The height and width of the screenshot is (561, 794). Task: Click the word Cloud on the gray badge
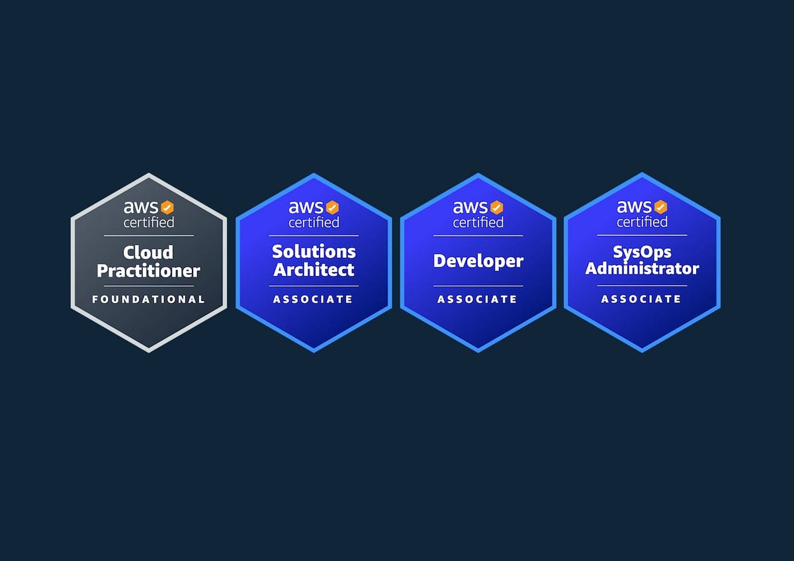148,252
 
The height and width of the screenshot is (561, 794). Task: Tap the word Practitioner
148,271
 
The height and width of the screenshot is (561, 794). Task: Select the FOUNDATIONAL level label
148,300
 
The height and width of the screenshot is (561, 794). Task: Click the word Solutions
314,251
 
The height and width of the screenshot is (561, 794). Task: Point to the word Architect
314,270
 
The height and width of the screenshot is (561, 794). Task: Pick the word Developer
478,261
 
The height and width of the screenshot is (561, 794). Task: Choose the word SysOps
642,251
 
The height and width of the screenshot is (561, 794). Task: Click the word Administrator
642,269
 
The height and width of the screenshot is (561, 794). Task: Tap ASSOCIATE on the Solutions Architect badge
314,300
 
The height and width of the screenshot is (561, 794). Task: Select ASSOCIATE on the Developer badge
478,300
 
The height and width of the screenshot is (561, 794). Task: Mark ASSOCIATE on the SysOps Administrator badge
642,300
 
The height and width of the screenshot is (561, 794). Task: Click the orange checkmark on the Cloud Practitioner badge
167,207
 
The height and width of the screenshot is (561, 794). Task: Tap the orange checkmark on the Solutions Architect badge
332,207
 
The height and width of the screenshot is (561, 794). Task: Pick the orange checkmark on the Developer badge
497,207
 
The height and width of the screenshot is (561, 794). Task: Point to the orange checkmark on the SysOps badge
661,207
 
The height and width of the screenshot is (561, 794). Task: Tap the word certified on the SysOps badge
642,222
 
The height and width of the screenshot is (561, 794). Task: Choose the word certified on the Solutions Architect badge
314,222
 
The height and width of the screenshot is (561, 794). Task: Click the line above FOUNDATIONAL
148,286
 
